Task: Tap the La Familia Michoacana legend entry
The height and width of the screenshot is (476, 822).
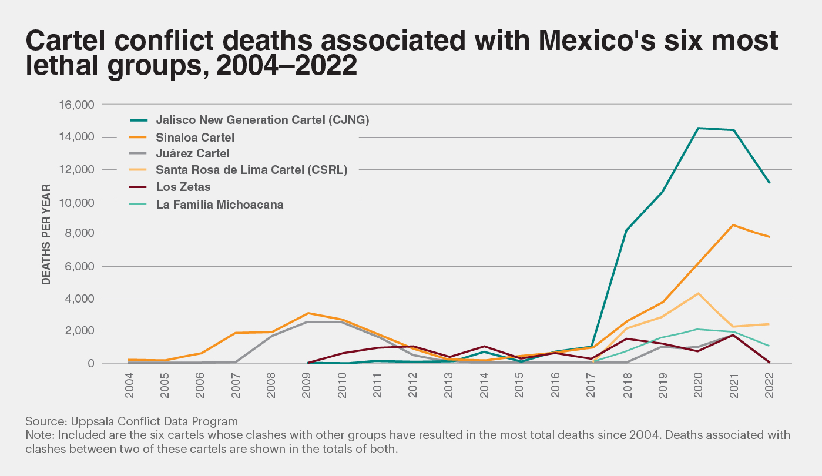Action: pos(220,205)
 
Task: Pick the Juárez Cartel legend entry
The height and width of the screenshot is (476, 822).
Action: pos(193,153)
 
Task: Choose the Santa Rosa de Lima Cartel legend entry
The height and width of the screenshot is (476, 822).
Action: pos(251,170)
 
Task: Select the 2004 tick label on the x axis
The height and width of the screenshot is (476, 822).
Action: pos(129,386)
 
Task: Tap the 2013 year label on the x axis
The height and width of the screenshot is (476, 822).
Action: pos(449,386)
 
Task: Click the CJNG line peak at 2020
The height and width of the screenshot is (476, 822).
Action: pos(697,128)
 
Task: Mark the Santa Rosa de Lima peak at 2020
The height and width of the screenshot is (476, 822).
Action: pos(697,293)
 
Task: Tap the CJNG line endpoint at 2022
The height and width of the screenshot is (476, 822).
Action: pos(769,183)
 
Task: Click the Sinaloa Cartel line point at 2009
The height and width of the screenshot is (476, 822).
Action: pos(307,313)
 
